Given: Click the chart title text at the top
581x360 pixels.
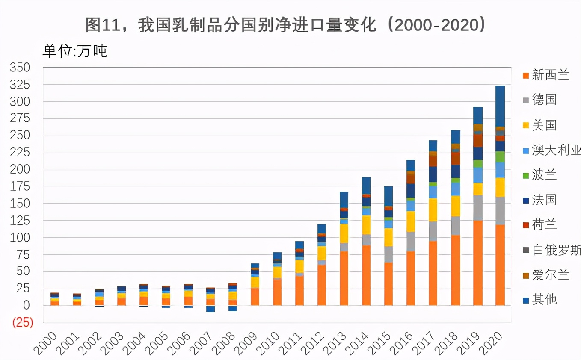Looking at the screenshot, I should click(286, 25).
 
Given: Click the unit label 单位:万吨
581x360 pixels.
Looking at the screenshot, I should click(74, 51).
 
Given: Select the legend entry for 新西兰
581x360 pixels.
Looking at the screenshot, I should click(550, 75).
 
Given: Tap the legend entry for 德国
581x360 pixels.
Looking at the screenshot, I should click(544, 100).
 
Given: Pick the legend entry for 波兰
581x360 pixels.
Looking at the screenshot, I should click(544, 175).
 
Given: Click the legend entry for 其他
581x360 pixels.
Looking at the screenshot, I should click(544, 299).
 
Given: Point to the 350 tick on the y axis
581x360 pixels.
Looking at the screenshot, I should click(20, 68).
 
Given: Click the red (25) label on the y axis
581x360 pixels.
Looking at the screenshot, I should click(22, 322).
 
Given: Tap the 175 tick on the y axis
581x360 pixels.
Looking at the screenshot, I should click(20, 186).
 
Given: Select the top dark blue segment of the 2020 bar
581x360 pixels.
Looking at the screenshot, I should click(500, 106).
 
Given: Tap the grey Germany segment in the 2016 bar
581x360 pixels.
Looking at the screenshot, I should click(411, 242).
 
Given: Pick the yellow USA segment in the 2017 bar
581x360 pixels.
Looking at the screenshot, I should click(433, 210).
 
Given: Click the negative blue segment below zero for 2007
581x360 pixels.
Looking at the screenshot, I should click(210, 309).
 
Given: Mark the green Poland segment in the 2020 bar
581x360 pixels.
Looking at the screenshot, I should click(500, 157).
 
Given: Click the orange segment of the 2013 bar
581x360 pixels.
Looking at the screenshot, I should click(344, 278).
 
